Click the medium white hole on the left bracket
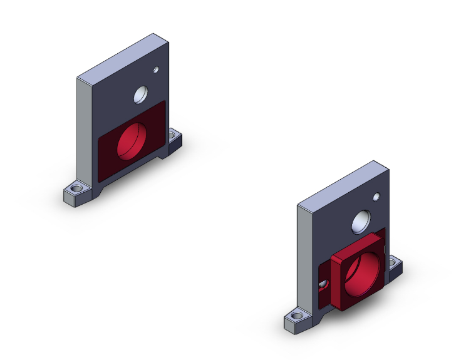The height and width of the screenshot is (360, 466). coord(141,95)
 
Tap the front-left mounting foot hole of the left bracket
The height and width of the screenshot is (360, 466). coord(77,188)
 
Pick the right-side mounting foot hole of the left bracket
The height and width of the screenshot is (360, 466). coord(172,134)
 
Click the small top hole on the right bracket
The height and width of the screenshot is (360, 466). coord(376,197)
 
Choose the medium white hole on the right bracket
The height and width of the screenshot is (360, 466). coord(361,222)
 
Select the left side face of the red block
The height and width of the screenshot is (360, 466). coord(334,282)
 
